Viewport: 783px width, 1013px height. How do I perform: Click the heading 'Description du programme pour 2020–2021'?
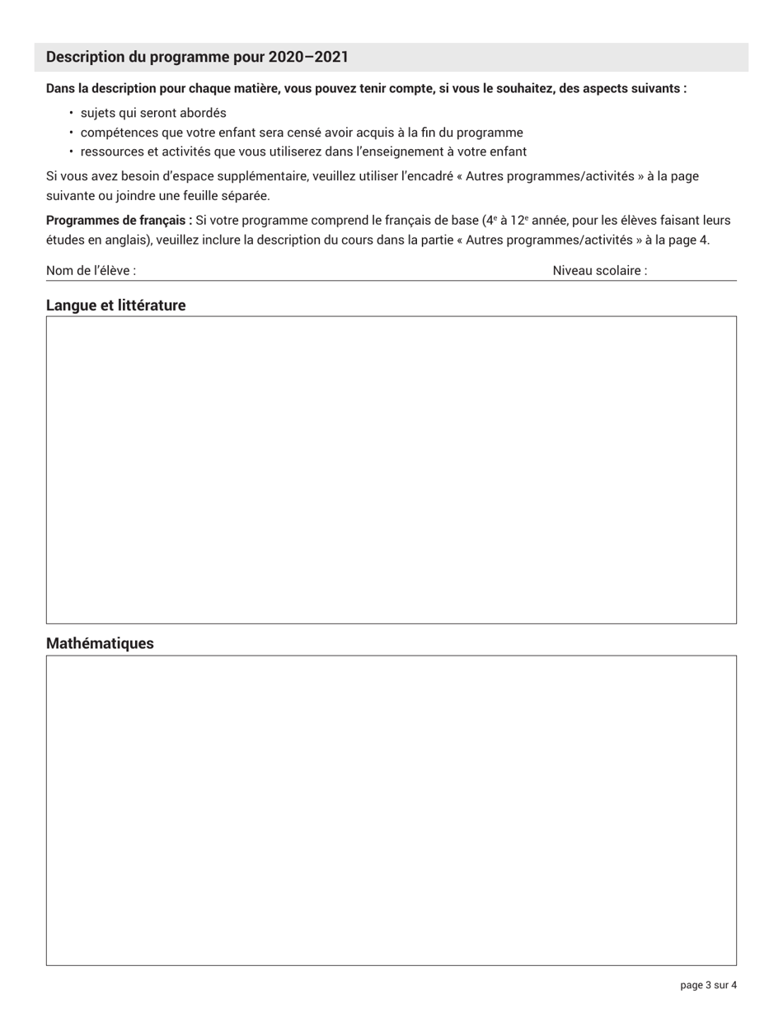197,57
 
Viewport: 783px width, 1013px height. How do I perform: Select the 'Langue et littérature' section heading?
116,306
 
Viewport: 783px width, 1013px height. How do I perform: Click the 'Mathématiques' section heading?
100,643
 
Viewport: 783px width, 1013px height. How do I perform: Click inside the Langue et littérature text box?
391,469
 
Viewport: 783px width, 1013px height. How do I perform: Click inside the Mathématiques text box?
391,810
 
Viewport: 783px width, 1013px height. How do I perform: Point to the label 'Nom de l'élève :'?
91,271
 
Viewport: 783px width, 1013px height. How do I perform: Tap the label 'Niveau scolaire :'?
599,271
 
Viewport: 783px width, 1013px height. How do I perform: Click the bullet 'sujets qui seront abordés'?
153,113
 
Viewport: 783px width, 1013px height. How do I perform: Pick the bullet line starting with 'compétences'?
302,133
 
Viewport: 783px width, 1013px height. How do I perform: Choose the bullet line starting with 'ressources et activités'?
303,152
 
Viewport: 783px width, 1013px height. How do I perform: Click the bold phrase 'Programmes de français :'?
119,221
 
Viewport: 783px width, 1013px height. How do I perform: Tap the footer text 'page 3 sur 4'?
708,985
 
